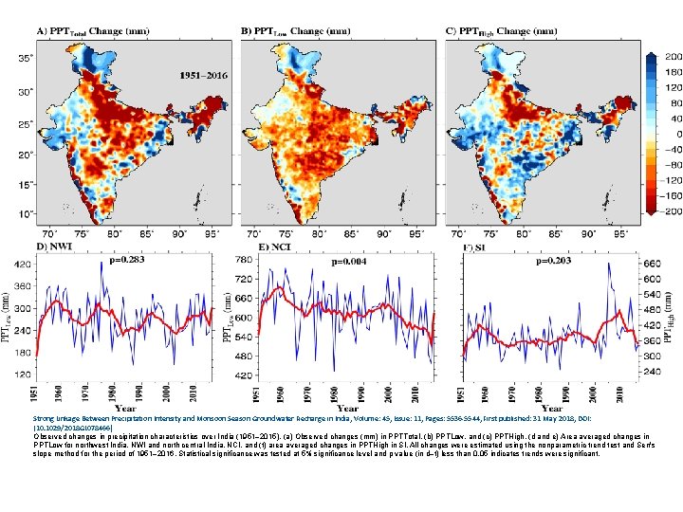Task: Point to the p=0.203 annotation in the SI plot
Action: [x=555, y=260]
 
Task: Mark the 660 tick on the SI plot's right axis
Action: [x=652, y=264]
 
